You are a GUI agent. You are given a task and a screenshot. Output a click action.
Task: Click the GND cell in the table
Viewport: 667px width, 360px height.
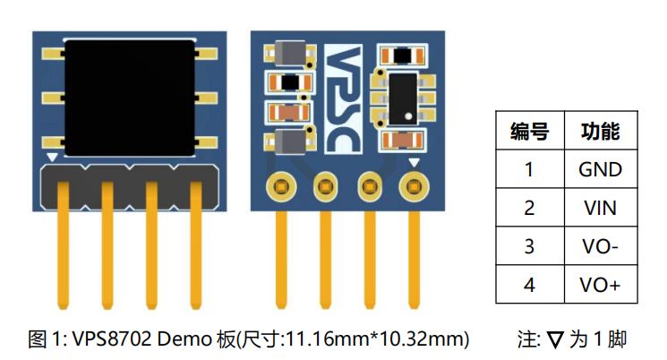tap(600, 169)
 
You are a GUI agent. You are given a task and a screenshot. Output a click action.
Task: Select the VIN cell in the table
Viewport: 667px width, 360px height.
tap(600, 208)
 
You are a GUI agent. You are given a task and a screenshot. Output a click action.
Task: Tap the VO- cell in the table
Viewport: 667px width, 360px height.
tap(600, 246)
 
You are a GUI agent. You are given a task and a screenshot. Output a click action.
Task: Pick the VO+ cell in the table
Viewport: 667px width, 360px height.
tap(600, 285)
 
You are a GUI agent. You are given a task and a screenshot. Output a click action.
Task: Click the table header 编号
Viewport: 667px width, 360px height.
tap(530, 131)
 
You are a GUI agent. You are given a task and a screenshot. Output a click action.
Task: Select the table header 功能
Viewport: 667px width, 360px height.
tap(600, 131)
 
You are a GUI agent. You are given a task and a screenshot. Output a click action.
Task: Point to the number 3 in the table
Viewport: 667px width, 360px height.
tap(529, 246)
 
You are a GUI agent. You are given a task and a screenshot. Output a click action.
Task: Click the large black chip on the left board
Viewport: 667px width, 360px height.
tap(130, 98)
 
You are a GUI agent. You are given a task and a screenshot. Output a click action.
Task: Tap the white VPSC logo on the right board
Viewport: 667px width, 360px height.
tap(343, 99)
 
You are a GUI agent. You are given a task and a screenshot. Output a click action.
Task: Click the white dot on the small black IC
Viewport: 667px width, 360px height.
tap(408, 116)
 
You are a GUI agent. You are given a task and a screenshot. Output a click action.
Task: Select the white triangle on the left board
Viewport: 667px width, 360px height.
tap(52, 158)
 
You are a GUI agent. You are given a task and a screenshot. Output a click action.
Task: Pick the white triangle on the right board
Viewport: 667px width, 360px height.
tap(414, 162)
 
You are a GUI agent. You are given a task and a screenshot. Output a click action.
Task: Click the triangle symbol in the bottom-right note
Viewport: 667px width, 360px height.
tap(555, 340)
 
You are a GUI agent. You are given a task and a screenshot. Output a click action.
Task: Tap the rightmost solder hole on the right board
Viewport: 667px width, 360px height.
tap(414, 186)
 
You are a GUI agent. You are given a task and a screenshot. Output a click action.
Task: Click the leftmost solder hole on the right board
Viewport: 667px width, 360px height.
tap(281, 186)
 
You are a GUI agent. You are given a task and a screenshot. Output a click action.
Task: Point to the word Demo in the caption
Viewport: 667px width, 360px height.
tap(184, 339)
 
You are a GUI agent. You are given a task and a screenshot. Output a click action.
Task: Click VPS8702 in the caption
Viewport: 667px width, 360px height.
tap(112, 339)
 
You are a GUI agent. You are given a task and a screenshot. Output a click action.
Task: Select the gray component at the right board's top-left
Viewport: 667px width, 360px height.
tap(290, 53)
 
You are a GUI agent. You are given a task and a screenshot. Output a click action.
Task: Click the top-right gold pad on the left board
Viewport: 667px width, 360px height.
tap(206, 54)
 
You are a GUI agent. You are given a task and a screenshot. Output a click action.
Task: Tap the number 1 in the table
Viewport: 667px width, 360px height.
tap(529, 169)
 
